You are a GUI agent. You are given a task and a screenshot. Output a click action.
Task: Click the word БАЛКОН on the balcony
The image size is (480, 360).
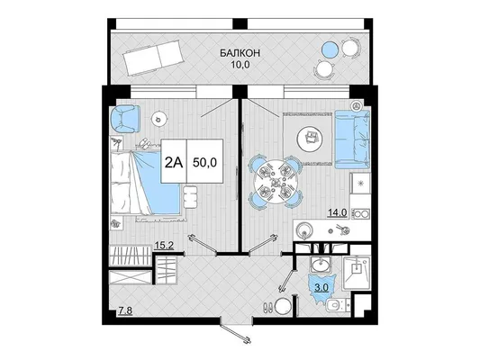[x=240, y=53]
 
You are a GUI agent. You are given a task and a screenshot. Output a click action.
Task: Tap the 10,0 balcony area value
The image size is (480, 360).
[x=240, y=65]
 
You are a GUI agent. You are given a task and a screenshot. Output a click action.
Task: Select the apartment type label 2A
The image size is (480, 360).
[x=174, y=163]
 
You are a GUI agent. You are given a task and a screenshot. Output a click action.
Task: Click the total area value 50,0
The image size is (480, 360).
[x=204, y=162]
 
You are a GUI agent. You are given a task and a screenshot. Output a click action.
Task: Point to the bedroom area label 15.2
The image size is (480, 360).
[x=164, y=246]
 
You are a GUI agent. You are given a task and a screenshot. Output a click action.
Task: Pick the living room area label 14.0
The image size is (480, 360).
[x=338, y=212]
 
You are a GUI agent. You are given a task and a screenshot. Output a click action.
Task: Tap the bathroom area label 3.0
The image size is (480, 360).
[x=322, y=287]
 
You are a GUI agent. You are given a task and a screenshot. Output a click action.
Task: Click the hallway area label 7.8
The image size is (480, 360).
[x=125, y=311]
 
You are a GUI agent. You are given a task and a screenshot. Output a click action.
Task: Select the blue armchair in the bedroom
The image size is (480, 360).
[x=125, y=120]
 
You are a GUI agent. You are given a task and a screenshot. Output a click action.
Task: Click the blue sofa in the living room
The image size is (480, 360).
[x=352, y=139]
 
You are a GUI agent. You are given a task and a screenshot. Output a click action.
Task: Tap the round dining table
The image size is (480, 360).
[x=275, y=182]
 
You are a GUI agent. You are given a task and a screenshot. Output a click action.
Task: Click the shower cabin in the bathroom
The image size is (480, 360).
[x=356, y=273]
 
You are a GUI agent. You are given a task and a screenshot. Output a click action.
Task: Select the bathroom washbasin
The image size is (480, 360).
[x=321, y=265]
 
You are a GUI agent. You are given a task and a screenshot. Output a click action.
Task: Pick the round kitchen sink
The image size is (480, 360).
[x=304, y=230]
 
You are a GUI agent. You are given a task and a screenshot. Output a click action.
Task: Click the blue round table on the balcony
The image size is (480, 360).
[x=330, y=49]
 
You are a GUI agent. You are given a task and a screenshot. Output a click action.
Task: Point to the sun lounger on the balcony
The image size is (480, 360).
[x=154, y=58]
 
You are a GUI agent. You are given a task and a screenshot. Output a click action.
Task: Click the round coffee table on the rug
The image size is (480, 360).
[x=311, y=139]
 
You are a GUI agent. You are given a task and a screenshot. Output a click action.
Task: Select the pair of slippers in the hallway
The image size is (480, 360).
[x=268, y=308]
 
